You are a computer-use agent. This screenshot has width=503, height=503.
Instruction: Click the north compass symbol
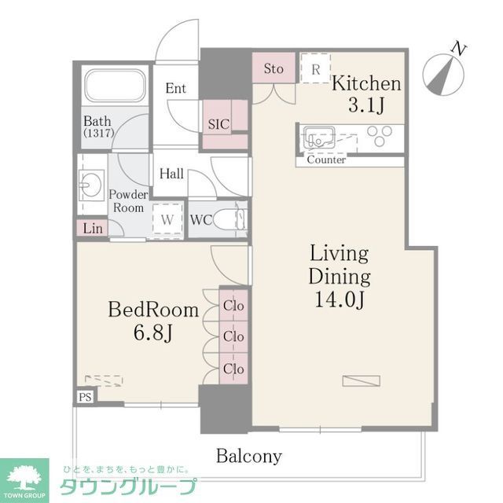click(x=444, y=72)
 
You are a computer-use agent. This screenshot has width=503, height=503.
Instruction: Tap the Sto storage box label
click(x=274, y=68)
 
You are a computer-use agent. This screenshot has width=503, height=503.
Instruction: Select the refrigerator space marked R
click(x=315, y=68)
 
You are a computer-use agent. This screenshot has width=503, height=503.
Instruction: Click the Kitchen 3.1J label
click(x=366, y=93)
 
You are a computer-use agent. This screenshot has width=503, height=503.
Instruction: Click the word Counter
click(x=326, y=160)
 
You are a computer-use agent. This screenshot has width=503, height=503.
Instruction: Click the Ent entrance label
click(x=175, y=88)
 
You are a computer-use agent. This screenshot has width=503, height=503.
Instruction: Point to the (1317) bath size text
click(x=99, y=134)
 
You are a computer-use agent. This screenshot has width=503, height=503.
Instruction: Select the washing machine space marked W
click(x=167, y=219)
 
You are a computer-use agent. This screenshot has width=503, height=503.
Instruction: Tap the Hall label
click(x=171, y=173)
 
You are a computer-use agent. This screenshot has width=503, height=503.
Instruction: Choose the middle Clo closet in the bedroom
click(x=233, y=336)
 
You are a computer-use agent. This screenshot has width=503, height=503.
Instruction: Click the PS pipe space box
click(x=84, y=397)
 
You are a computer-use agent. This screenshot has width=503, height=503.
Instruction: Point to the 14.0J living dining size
click(x=340, y=299)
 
